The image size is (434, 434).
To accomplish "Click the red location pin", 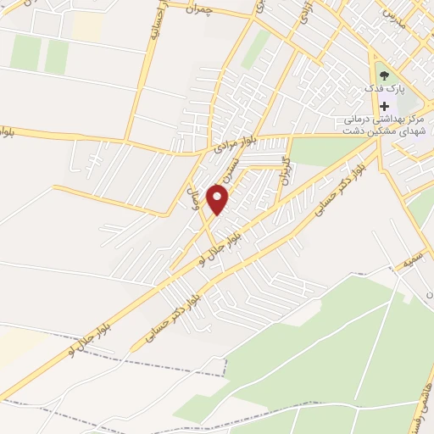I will click(x=218, y=199).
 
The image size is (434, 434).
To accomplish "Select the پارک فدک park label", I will click(x=386, y=89).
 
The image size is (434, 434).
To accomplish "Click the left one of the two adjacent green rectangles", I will click(x=26, y=53).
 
